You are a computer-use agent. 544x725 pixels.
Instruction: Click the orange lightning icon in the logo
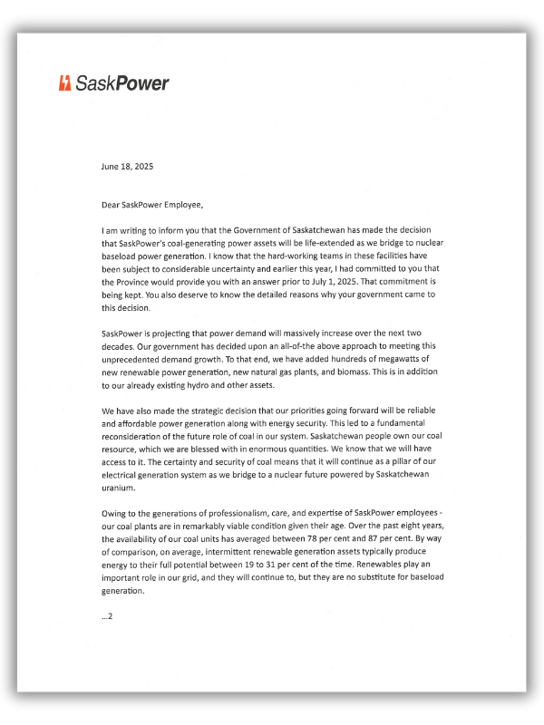64,83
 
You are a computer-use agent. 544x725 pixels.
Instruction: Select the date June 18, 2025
127,167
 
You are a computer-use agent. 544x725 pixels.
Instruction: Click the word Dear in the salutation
112,205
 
